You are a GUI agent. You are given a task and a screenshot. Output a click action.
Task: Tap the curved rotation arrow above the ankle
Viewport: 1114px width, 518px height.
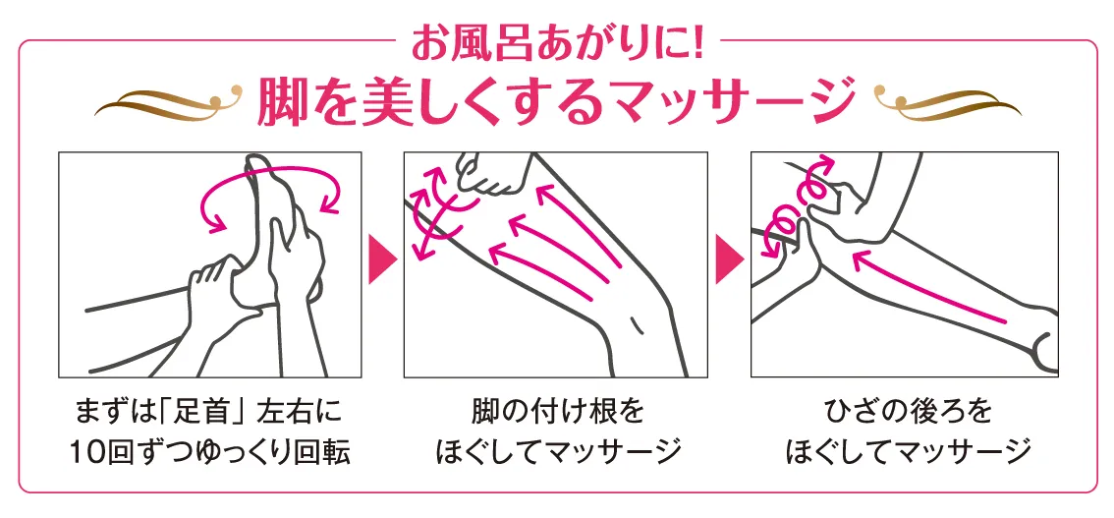(x=272, y=170)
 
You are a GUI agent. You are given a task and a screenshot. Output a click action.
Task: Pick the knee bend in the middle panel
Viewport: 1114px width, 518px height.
(x=643, y=313)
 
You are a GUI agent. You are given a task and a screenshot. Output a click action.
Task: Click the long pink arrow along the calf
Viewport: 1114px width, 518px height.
(x=929, y=287)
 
